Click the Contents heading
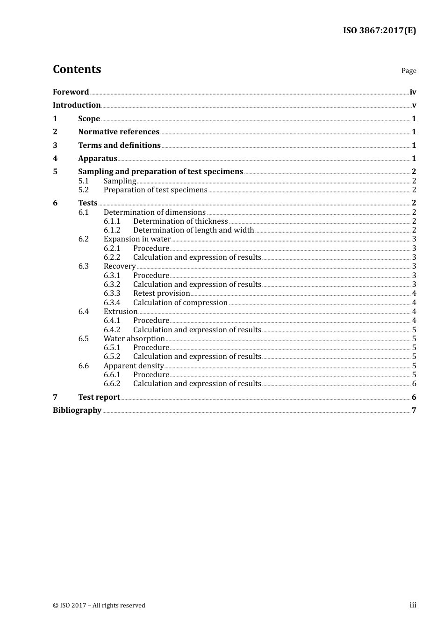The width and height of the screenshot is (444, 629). [x=77, y=69]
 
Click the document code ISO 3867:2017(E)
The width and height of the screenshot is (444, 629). [x=379, y=30]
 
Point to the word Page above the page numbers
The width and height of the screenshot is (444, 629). [x=408, y=71]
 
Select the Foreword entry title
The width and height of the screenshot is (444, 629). [x=71, y=92]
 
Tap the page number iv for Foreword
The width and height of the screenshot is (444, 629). [x=413, y=92]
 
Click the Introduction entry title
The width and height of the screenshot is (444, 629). [x=77, y=105]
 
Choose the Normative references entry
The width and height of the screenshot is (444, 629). [x=119, y=132]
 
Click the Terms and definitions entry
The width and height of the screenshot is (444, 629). [x=119, y=145]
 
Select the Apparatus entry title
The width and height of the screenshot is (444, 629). [x=98, y=158]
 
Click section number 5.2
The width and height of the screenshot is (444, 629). [x=83, y=190]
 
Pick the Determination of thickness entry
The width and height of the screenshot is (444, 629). [x=180, y=221]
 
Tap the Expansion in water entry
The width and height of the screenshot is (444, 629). [x=137, y=239]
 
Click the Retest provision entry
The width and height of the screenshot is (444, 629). [x=161, y=293]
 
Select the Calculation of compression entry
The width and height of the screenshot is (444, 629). [x=180, y=302]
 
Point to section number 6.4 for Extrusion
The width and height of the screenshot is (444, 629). [x=83, y=311]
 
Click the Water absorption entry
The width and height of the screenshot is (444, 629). [x=134, y=338]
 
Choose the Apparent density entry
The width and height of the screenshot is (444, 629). [x=134, y=366]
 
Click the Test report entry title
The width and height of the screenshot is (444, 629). [x=99, y=397]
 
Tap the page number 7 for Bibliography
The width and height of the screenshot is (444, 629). [x=414, y=410]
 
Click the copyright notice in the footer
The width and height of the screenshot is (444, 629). [x=99, y=605]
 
